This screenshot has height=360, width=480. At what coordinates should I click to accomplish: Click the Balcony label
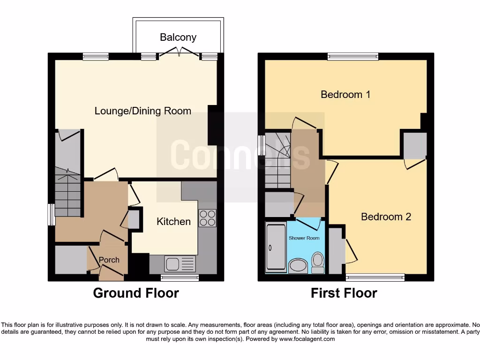[178, 37]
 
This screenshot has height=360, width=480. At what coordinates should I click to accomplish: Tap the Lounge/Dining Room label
[143, 111]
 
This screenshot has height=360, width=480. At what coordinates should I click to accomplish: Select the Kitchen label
[173, 221]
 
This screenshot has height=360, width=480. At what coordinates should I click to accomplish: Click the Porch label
[109, 260]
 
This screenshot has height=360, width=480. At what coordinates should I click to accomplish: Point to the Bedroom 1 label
[345, 95]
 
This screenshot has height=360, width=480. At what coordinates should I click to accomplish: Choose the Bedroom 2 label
[386, 217]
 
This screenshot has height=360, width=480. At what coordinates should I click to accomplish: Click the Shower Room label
[304, 238]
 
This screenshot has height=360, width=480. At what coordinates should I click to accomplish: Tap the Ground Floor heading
[136, 293]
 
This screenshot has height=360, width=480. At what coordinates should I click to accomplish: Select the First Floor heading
[344, 293]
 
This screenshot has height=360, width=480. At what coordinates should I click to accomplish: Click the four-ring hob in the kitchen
[207, 218]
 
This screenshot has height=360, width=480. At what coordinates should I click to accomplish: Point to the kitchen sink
[180, 263]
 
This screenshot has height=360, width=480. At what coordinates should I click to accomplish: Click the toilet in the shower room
[318, 262]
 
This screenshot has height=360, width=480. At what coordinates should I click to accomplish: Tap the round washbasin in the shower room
[297, 267]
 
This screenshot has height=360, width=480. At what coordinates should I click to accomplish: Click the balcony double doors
[179, 56]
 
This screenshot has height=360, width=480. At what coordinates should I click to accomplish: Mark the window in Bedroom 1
[352, 56]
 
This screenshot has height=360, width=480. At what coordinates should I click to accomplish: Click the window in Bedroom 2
[375, 277]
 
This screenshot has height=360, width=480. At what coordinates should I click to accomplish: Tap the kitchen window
[180, 278]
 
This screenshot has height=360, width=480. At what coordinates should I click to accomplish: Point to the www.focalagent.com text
[307, 339]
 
